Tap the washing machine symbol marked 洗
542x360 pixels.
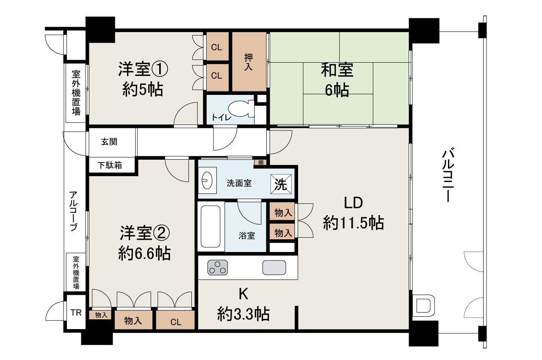(x=281, y=183)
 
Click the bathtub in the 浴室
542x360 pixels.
(x=211, y=227)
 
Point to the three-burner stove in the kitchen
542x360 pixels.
(x=218, y=268)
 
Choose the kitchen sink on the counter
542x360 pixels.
(x=274, y=268)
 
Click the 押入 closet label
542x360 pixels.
(x=249, y=62)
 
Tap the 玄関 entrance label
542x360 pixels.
(x=109, y=142)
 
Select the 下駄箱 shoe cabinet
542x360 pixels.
(x=111, y=165)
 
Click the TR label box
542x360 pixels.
(x=76, y=313)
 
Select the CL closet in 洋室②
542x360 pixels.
(x=176, y=321)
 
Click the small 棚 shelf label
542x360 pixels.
(x=260, y=162)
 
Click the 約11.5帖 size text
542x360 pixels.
(x=353, y=222)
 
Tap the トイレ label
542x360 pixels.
(x=221, y=118)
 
